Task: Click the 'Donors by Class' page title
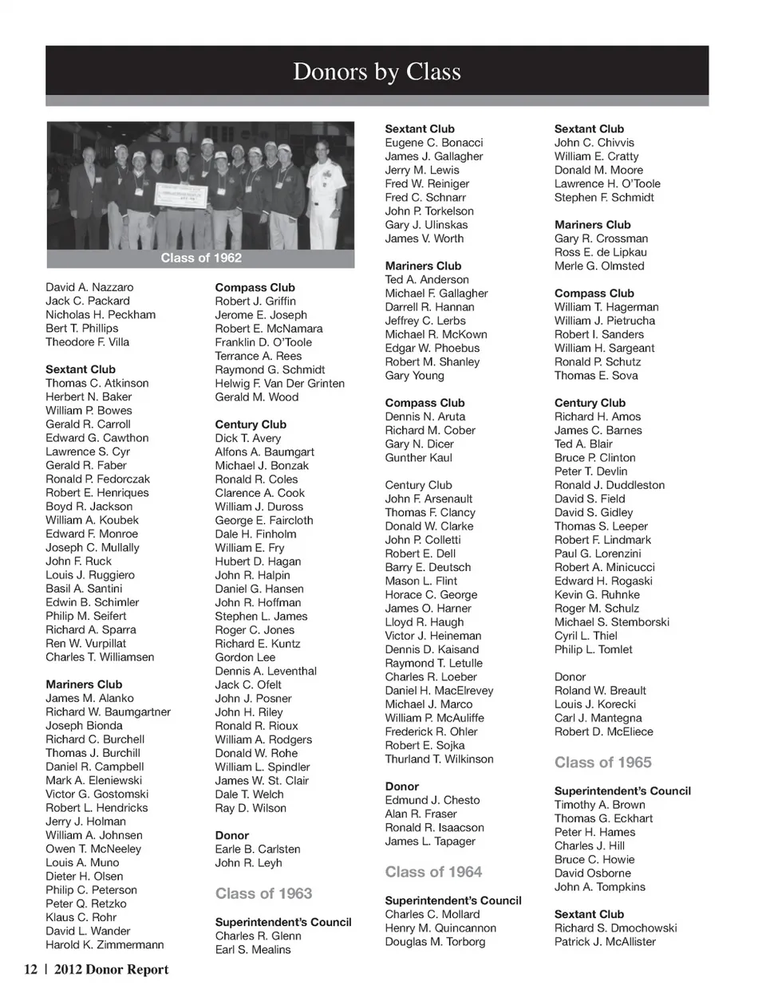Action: tap(377, 72)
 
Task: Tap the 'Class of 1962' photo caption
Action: tap(201, 258)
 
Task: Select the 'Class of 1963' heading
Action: tap(263, 893)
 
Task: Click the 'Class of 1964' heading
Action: tap(433, 872)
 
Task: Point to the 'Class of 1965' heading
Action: tap(602, 762)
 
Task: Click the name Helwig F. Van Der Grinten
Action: tap(279, 384)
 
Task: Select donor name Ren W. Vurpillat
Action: tap(85, 644)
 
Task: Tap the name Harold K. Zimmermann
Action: tap(105, 945)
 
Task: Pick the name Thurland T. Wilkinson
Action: tap(439, 759)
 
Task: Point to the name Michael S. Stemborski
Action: tap(611, 622)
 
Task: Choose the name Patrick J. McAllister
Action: tap(605, 942)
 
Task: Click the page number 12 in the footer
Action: tap(30, 970)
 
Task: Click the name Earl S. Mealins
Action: tap(252, 950)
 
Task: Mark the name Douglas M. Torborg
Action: tap(435, 942)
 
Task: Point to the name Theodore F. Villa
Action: tap(87, 342)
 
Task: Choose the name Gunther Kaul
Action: tap(418, 458)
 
